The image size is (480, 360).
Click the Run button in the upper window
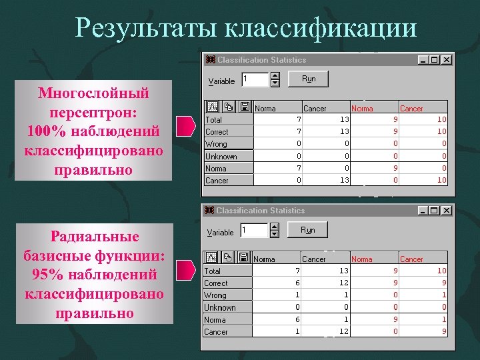[308, 79]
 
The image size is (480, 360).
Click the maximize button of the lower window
[435, 211]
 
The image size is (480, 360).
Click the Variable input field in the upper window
[255, 79]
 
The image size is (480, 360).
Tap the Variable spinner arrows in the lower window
[275, 230]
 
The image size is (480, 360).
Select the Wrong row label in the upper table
[216, 144]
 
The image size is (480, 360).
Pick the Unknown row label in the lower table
[220, 307]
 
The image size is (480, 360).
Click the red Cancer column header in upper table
[411, 108]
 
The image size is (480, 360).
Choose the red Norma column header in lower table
[362, 259]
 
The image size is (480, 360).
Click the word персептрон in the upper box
[93, 110]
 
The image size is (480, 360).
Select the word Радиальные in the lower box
[94, 237]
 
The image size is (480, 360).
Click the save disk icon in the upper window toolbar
[245, 107]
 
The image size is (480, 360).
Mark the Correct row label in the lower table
[217, 283]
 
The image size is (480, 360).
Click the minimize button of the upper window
[423, 60]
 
